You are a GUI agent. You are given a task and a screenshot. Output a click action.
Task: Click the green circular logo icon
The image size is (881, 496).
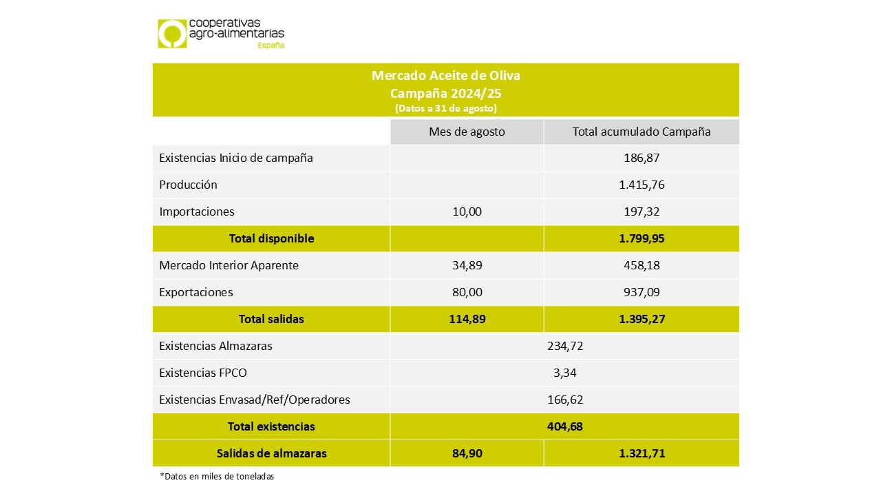click(172, 34)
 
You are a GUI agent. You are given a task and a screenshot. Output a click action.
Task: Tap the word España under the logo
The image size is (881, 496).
click(270, 45)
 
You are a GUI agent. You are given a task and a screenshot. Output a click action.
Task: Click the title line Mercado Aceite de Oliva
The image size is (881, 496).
click(445, 75)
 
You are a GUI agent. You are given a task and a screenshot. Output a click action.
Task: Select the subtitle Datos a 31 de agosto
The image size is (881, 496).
click(445, 108)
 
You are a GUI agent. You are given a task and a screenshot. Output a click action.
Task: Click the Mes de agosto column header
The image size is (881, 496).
click(467, 132)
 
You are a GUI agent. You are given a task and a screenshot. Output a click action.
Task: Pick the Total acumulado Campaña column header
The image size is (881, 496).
click(641, 132)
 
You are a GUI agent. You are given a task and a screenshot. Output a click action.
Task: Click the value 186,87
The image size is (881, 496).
click(641, 158)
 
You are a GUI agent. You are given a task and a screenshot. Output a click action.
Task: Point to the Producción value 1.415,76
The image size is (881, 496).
click(641, 185)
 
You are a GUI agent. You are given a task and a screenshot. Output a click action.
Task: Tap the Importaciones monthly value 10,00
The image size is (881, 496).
click(467, 211)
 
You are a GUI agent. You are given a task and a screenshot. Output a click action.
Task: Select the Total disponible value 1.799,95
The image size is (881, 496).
click(641, 238)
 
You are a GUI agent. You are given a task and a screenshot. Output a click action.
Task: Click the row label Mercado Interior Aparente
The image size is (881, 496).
click(229, 265)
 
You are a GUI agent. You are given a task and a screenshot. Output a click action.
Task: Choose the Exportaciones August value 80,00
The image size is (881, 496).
click(467, 292)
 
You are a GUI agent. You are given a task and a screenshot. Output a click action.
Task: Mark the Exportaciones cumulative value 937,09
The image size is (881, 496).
click(641, 292)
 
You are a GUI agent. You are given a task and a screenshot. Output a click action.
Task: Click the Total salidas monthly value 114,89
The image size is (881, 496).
click(467, 319)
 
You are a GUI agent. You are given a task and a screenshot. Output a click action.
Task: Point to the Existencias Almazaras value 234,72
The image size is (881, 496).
click(564, 346)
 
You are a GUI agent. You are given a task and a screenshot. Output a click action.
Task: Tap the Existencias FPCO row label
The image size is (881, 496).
click(202, 373)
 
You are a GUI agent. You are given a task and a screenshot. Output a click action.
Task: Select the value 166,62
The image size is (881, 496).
click(564, 400)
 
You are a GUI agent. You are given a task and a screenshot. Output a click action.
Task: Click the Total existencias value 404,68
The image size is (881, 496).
click(564, 426)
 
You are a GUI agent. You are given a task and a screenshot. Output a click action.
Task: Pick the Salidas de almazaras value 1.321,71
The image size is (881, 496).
click(641, 453)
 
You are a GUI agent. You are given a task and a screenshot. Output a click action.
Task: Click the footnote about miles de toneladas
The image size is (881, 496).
click(217, 477)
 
